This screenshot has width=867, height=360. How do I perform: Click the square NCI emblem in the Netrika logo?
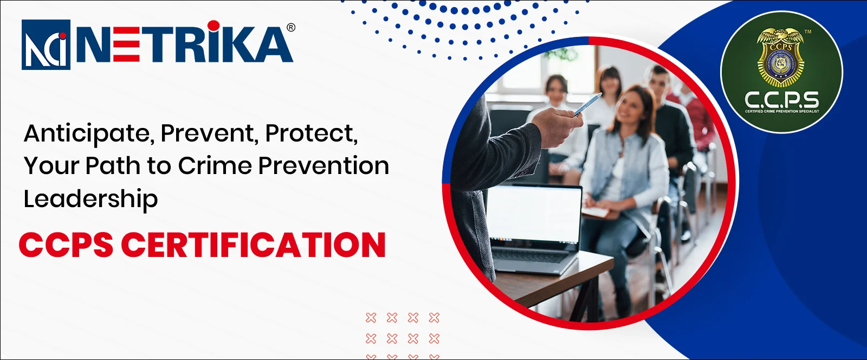coord(46,44)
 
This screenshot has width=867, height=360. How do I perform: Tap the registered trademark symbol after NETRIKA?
coord(291,28)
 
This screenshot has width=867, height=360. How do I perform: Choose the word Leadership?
coord(90,199)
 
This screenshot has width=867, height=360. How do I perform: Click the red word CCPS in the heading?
coord(66,245)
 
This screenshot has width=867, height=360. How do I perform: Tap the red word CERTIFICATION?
coord(253,245)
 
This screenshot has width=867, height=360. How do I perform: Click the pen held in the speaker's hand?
coord(587,105)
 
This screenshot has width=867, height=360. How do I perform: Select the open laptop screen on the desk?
coord(534,214)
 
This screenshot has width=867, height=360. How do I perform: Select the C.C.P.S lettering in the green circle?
coord(781,100)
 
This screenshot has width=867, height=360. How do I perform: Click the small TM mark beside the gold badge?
coord(808,32)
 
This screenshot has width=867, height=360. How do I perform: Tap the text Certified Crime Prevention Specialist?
coord(781,111)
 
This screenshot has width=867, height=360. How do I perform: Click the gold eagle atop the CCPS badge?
coord(780,36)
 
